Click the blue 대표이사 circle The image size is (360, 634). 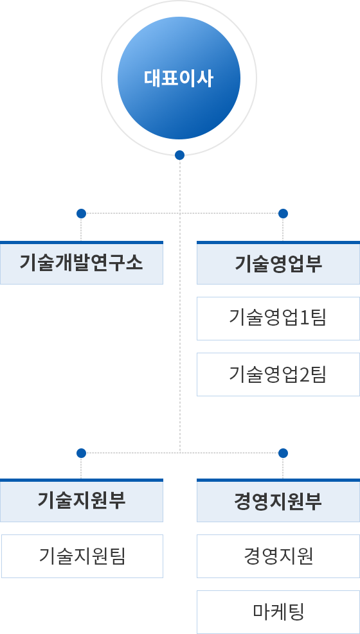[x=179, y=78]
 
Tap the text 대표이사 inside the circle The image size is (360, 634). [x=178, y=78]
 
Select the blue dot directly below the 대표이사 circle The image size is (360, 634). [x=179, y=155]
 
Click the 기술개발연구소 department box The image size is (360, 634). [x=81, y=263]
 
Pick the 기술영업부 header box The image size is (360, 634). [x=278, y=263]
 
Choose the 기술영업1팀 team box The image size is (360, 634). [x=278, y=319]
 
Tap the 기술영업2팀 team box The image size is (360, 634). [x=278, y=374]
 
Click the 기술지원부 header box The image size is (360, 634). [x=81, y=500]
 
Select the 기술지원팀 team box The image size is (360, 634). [x=82, y=556]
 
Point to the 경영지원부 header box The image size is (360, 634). [x=278, y=500]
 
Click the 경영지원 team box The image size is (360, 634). [x=278, y=556]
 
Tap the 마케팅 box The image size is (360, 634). [x=278, y=612]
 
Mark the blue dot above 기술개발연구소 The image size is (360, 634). [x=81, y=213]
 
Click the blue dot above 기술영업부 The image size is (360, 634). [x=283, y=213]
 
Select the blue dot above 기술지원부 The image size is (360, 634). [x=81, y=453]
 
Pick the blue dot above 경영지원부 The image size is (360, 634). [x=283, y=453]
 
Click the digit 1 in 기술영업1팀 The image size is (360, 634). [x=304, y=319]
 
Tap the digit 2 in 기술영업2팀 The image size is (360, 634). [x=304, y=375]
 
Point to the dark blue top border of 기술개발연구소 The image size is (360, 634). [x=81, y=243]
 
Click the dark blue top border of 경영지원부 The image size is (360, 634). [x=278, y=480]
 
